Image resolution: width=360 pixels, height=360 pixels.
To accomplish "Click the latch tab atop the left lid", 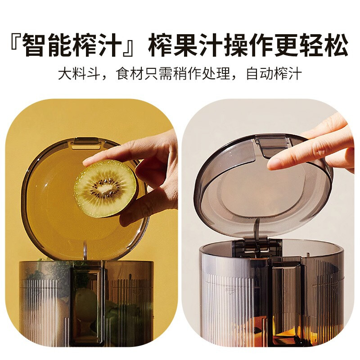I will pyautogui.click(x=86, y=143).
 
